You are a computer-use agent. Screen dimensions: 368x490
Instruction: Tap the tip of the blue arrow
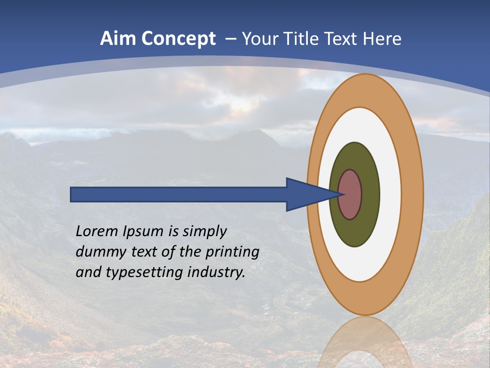341,194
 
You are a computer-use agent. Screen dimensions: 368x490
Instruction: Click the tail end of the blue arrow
72,195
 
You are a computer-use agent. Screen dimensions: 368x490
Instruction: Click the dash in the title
230,39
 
